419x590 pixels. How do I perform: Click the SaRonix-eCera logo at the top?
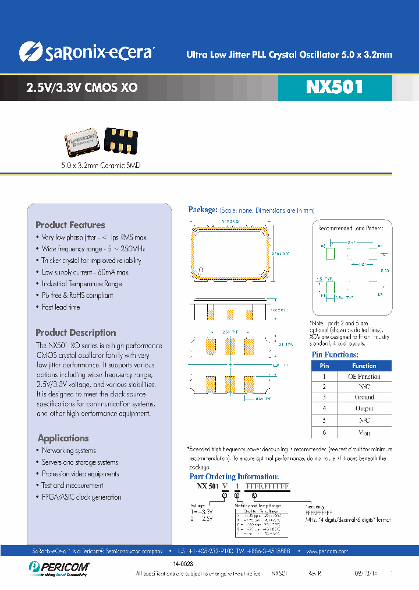coord(86,52)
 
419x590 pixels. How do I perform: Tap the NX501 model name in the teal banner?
coord(334,87)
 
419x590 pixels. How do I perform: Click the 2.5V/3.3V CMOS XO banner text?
coord(82,88)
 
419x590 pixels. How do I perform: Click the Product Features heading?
coord(70,225)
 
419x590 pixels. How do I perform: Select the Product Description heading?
coord(76,332)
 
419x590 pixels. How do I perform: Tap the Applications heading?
coord(63,438)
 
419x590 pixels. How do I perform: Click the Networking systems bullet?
coord(69,451)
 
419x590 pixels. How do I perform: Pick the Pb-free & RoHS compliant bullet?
coord(77,296)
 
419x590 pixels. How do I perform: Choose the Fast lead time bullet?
coord(61,307)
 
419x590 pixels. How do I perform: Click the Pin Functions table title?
coord(335,354)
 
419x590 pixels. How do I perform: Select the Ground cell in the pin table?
coord(364,397)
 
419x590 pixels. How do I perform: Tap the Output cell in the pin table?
coord(364,408)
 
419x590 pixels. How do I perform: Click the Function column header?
coord(364,366)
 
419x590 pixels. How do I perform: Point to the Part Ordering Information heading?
coord(234,476)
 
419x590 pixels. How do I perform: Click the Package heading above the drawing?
coord(203,210)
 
